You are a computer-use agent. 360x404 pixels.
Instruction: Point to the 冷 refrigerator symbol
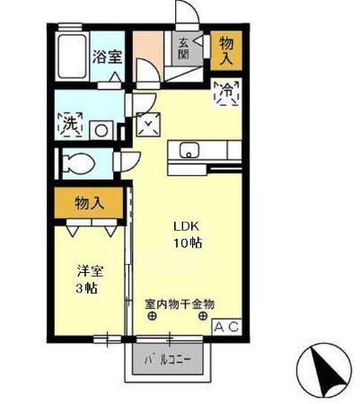(x=226, y=92)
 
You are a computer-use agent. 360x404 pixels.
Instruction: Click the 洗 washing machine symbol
(x=69, y=126)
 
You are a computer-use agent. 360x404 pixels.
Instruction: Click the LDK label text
(x=186, y=225)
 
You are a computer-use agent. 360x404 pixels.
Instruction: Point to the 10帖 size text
(x=186, y=242)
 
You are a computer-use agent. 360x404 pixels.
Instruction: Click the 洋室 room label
(x=86, y=270)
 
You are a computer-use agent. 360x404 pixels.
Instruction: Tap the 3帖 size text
(x=86, y=288)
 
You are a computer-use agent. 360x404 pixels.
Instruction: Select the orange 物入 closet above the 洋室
(x=89, y=203)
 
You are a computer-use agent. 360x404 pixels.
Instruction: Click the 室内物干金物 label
(x=180, y=304)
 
